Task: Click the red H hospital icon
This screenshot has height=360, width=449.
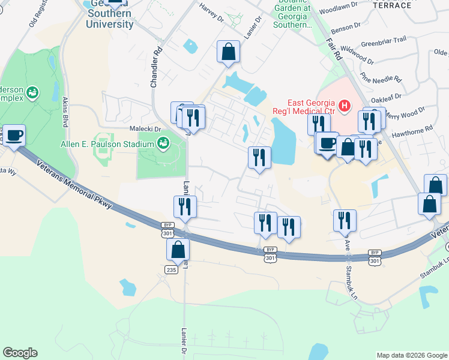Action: [345, 107]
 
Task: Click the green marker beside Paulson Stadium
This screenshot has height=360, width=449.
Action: [162, 143]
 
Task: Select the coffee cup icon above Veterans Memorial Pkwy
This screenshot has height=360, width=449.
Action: [14, 135]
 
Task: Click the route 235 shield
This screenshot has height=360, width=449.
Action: [171, 270]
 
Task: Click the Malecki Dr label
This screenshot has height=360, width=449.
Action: [146, 128]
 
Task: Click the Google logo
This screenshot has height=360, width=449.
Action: [20, 353]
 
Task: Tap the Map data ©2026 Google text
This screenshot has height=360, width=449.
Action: [411, 355]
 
